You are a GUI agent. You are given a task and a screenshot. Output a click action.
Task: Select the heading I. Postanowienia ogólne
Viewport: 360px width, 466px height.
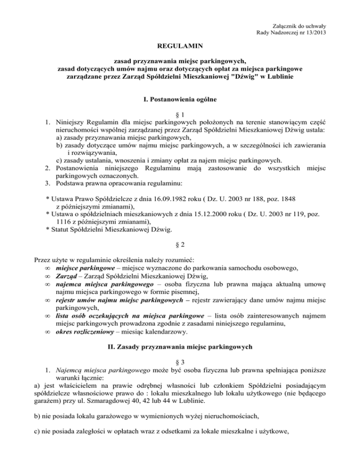[180, 100]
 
